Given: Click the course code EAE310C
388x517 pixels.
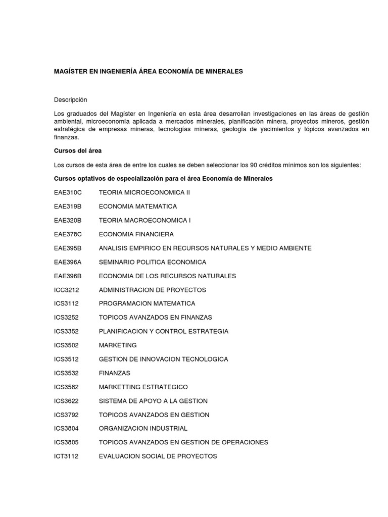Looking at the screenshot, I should (x=68, y=193).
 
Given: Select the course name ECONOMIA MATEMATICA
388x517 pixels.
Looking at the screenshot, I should (x=138, y=206).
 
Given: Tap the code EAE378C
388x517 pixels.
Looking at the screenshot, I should (x=68, y=234).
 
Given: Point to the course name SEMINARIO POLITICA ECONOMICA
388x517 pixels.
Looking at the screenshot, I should (x=153, y=262).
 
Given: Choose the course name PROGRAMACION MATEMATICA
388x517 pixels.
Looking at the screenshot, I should (x=147, y=303).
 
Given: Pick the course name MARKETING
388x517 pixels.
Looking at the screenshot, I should (x=118, y=345).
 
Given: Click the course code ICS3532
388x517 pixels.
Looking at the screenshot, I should (x=67, y=373).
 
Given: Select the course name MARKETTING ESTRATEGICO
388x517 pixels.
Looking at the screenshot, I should (x=143, y=387).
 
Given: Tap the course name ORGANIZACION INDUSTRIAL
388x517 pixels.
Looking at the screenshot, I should (x=143, y=428).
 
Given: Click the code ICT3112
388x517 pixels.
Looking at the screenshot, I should (x=67, y=456).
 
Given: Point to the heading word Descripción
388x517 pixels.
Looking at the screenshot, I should (x=71, y=100).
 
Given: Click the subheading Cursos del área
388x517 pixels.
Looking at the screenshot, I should (x=78, y=151).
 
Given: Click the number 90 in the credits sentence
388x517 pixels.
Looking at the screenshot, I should (x=248, y=165).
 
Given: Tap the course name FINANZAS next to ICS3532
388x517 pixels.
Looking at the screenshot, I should (x=115, y=373).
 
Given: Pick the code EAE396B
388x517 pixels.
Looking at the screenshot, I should (x=68, y=276).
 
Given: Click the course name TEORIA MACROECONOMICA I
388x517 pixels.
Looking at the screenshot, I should (x=144, y=221).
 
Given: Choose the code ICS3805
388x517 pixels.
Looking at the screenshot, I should (x=67, y=442).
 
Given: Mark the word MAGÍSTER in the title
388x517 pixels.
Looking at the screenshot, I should (x=70, y=72).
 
